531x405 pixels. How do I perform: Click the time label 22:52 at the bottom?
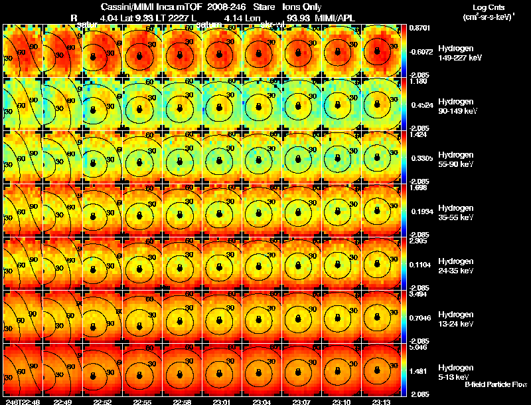point(102,402)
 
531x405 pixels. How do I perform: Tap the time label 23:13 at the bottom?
point(382,402)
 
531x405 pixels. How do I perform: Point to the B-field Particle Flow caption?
point(496,384)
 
